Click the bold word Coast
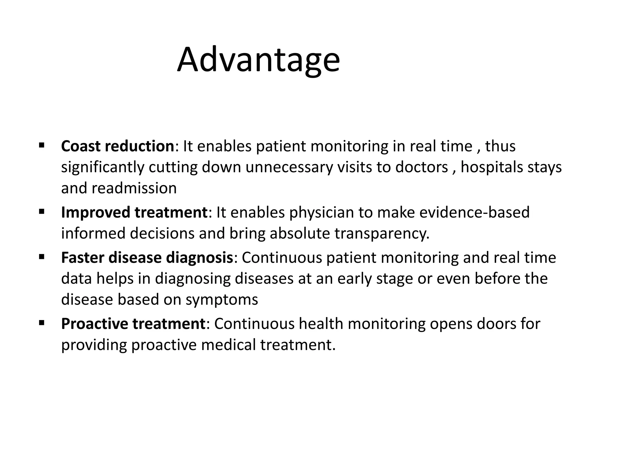[81, 146]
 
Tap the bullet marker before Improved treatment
[42, 211]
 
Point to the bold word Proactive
[94, 324]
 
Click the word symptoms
[222, 300]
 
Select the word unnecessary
[289, 167]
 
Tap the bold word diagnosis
[200, 258]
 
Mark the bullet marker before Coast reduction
[42, 145]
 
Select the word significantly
[103, 167]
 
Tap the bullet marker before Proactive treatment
[42, 323]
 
